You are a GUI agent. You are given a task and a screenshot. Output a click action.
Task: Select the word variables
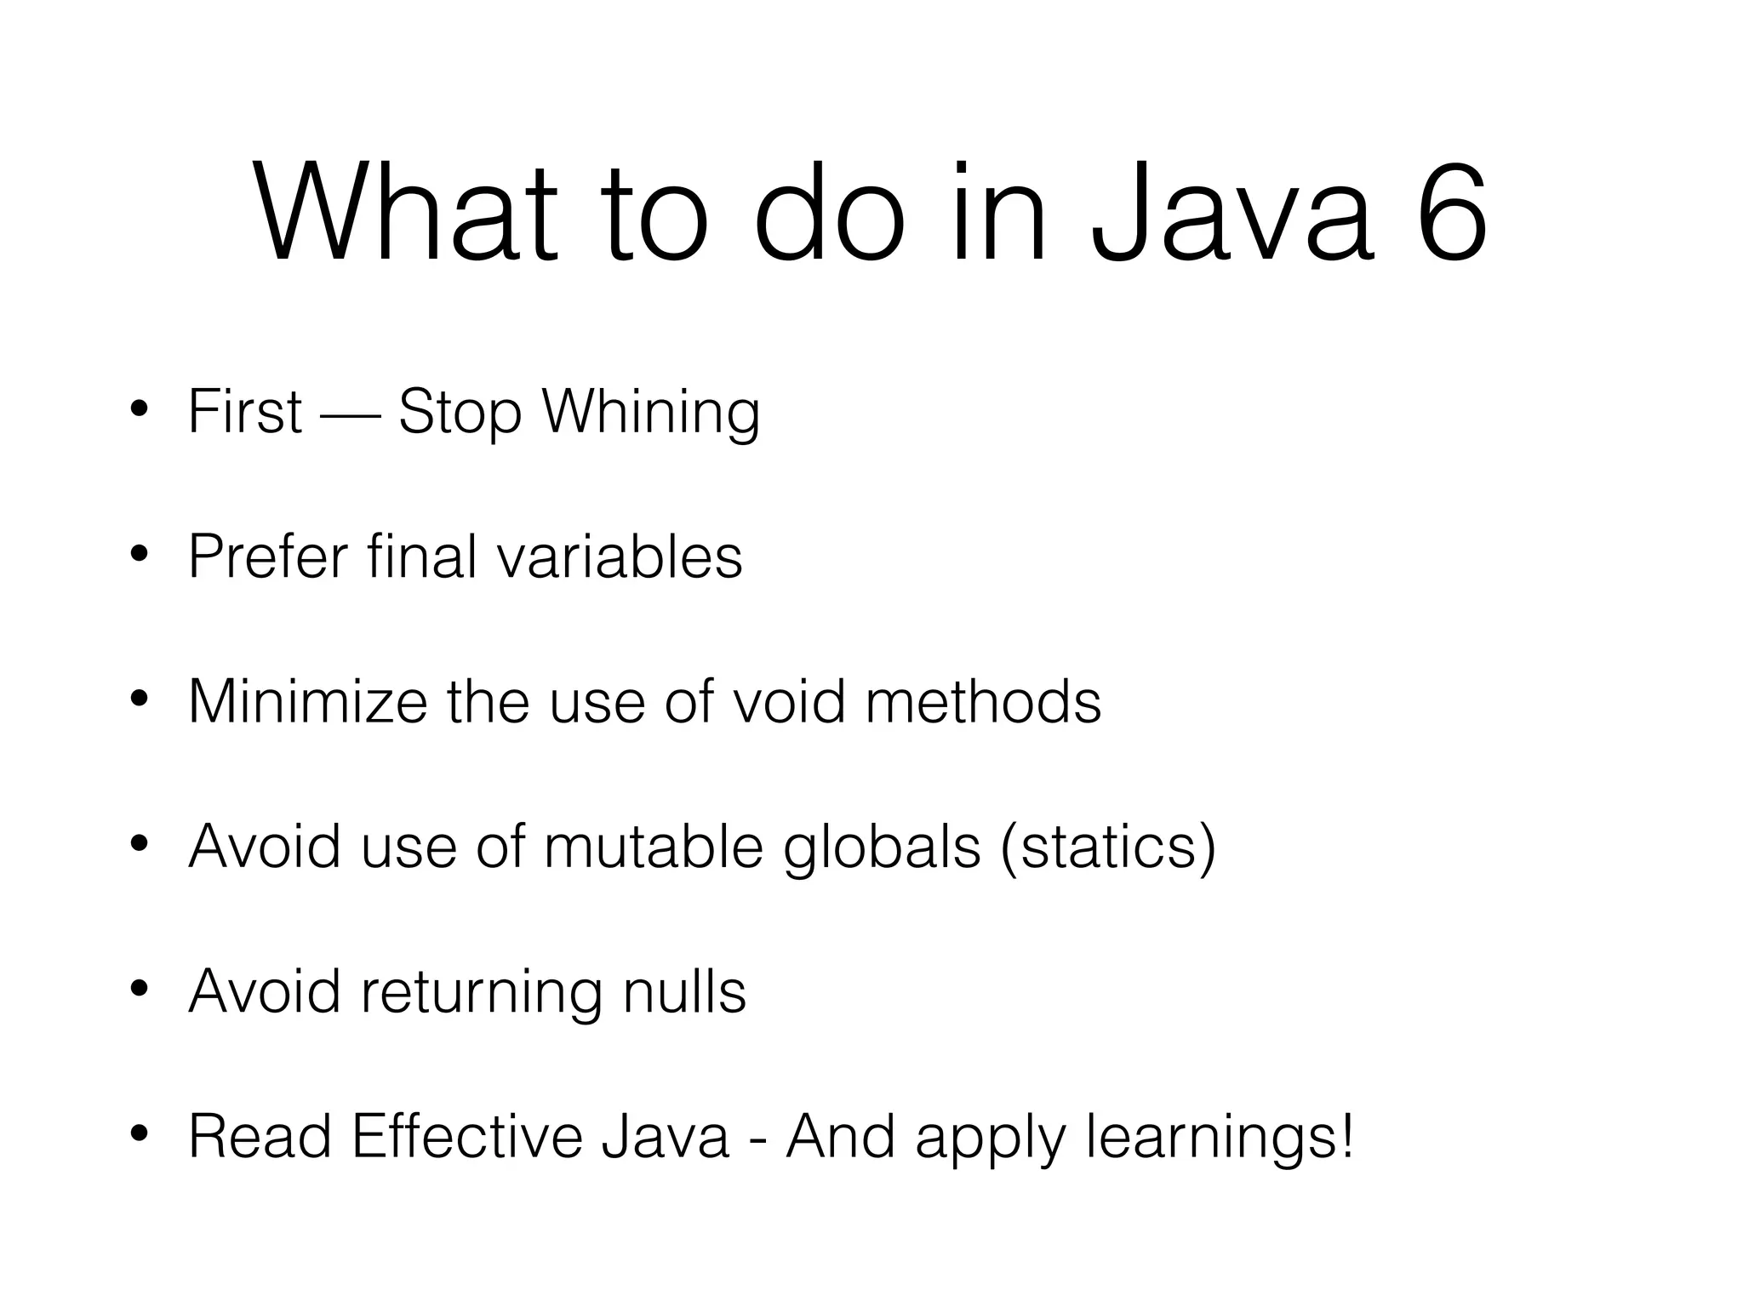[x=620, y=556]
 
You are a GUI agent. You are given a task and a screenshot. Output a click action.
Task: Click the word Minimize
[x=307, y=702]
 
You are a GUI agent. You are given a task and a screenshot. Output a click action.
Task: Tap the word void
[x=789, y=702]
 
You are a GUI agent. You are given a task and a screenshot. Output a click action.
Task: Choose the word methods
[x=983, y=702]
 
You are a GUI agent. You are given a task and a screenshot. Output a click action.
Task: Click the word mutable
[x=654, y=847]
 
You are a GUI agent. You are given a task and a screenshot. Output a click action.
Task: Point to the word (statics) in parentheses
[x=1109, y=847]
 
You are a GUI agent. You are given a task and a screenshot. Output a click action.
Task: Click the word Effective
[x=466, y=1137]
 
